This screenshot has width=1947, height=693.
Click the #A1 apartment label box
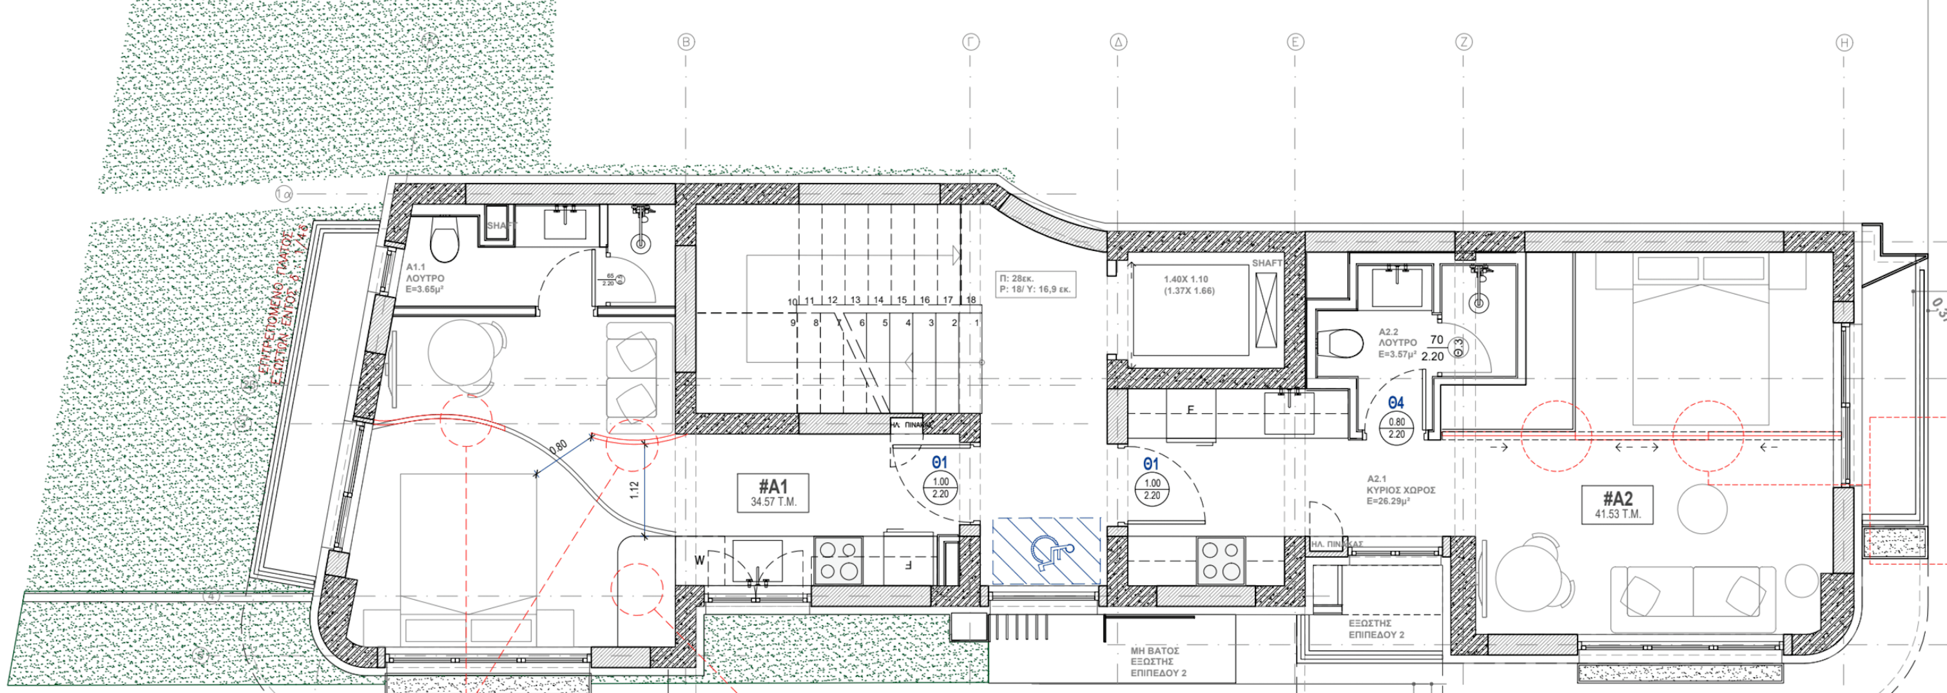tap(773, 493)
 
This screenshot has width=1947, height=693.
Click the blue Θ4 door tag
tap(1396, 403)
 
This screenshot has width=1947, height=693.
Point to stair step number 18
tap(970, 300)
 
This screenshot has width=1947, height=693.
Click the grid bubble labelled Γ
tap(971, 42)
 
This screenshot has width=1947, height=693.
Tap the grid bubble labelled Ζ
tap(1464, 42)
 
